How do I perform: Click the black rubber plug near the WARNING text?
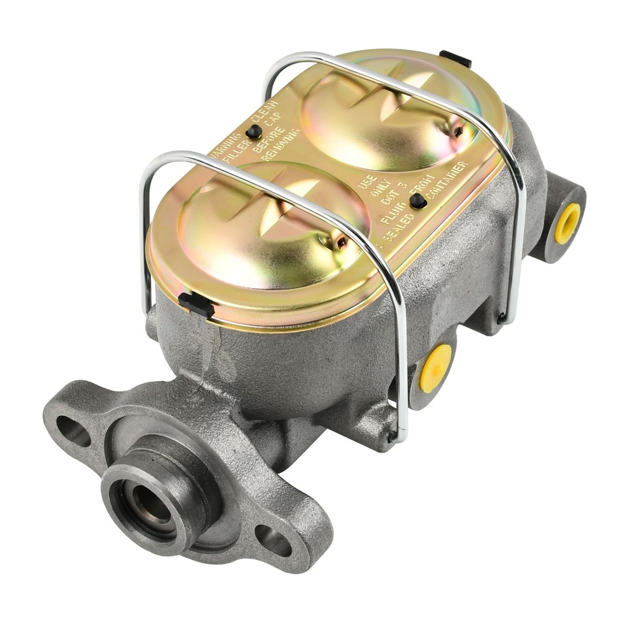pos(254,131)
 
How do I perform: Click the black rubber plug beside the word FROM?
pos(418,201)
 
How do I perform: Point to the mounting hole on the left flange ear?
pos(73,431)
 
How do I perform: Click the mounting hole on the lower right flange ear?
pos(273,539)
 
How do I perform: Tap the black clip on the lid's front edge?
pos(196,304)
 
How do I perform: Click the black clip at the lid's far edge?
pos(455,59)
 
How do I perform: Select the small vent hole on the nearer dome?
pos(341,244)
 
